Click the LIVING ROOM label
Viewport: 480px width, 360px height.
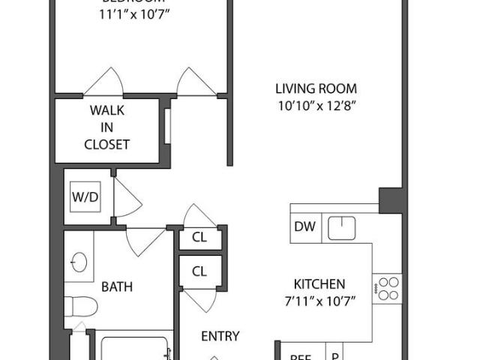click(315, 88)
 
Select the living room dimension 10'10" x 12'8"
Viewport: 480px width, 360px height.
click(315, 106)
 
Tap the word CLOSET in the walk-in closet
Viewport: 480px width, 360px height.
click(107, 144)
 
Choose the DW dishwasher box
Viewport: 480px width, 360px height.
click(304, 226)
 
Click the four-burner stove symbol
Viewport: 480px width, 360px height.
click(388, 286)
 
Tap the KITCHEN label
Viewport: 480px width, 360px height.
click(319, 284)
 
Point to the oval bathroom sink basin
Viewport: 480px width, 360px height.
click(79, 262)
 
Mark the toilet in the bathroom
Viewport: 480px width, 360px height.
click(80, 306)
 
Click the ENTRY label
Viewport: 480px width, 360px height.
click(220, 336)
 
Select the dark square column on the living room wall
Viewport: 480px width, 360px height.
click(391, 199)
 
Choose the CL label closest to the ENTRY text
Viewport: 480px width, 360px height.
click(199, 271)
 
